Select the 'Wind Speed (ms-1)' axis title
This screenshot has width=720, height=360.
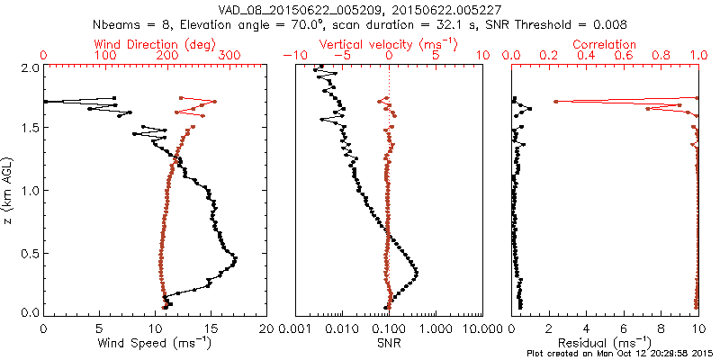155,343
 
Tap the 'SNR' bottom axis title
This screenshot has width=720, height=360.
389,343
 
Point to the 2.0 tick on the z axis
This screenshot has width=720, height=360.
29,67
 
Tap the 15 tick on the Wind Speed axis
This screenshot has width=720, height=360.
211,328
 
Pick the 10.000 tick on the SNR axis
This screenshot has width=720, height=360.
482,328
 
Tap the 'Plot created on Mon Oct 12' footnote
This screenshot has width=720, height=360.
621,354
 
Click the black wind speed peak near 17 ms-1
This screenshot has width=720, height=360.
236,260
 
